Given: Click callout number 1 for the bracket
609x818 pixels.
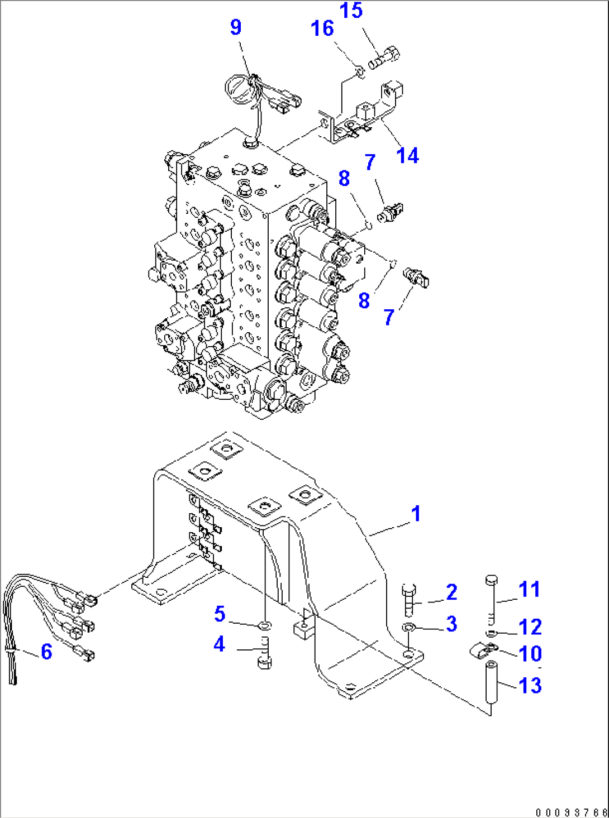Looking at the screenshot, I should pyautogui.click(x=415, y=514).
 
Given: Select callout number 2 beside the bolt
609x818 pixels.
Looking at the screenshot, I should pyautogui.click(x=451, y=592).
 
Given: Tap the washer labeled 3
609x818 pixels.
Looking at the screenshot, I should pyautogui.click(x=409, y=628).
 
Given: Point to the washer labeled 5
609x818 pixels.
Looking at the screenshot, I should pyautogui.click(x=265, y=623).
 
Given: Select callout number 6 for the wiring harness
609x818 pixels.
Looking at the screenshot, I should pyautogui.click(x=46, y=652).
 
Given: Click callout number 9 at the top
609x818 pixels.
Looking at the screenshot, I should pyautogui.click(x=236, y=27).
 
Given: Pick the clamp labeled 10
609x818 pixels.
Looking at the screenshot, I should pyautogui.click(x=483, y=650).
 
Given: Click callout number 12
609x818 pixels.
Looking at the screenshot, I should pyautogui.click(x=530, y=627).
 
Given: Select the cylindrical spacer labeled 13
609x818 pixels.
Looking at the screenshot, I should pyautogui.click(x=491, y=682).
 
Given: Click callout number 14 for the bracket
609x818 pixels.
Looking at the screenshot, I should pyautogui.click(x=407, y=156).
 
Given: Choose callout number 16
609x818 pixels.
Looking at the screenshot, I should pyautogui.click(x=322, y=28).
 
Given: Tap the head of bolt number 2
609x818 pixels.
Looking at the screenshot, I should pyautogui.click(x=408, y=589).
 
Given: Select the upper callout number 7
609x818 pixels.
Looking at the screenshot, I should pyautogui.click(x=369, y=162).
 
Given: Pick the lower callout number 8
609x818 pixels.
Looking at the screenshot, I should pyautogui.click(x=364, y=300).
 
